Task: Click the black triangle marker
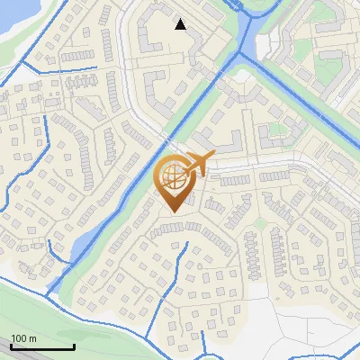point(180,24)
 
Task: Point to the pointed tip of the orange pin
point(172,213)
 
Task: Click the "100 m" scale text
point(24,338)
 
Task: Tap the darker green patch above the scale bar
point(27,306)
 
